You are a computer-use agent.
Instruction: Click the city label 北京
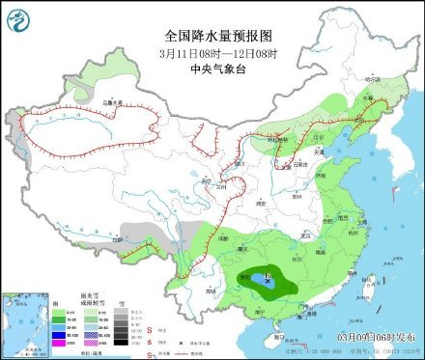307,140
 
